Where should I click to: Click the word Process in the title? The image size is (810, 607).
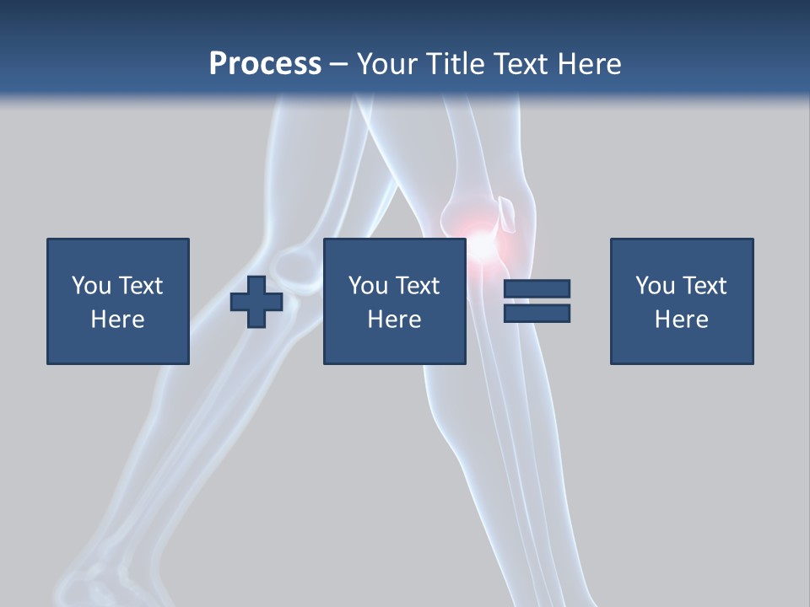[265, 63]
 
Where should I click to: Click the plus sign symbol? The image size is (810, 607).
[256, 302]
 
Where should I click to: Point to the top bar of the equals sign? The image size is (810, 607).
[537, 288]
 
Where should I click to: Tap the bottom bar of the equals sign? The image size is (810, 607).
[537, 313]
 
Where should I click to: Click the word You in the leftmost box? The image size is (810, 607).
[90, 285]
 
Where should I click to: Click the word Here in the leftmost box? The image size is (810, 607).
[117, 319]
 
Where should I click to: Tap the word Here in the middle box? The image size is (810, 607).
[394, 319]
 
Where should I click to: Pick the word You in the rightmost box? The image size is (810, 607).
[654, 285]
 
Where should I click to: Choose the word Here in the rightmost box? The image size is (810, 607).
[681, 319]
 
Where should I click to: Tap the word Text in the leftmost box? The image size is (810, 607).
[140, 285]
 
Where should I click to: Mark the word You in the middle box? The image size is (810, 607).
[367, 285]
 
